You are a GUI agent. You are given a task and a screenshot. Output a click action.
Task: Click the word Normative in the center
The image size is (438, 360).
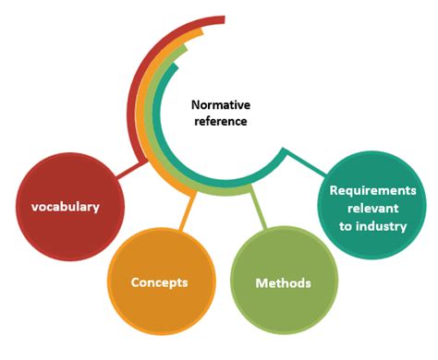222,105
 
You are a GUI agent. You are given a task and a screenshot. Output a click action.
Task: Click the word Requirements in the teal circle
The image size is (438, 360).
373,190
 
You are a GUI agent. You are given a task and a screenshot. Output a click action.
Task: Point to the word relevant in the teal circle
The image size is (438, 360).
373,208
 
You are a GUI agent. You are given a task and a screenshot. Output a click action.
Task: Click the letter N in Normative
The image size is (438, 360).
196,105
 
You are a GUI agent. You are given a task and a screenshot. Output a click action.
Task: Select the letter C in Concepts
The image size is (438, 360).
136,282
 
